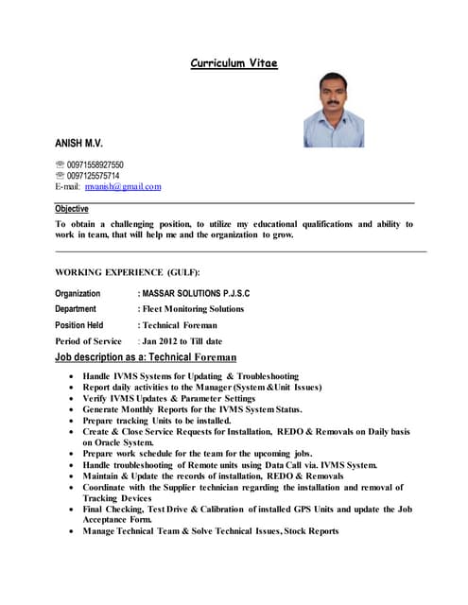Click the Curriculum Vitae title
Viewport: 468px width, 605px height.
[x=234, y=63]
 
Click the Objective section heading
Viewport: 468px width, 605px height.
[x=72, y=209]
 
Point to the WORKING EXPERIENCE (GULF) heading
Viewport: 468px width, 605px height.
[x=128, y=271]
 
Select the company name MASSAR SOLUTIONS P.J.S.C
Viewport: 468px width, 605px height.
[x=196, y=294]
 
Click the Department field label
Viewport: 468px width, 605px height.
[x=76, y=309]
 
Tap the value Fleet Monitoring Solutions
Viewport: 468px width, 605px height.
[x=193, y=309]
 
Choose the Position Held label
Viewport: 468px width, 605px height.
[x=79, y=325]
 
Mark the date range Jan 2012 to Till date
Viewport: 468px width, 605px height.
[x=182, y=341]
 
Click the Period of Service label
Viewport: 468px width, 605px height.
[x=88, y=341]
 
